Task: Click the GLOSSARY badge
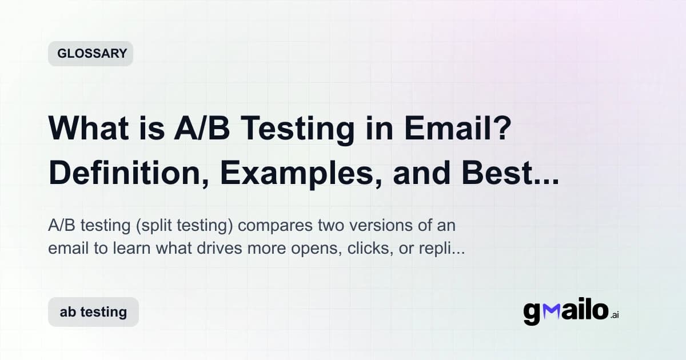pos(90,54)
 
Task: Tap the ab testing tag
pos(93,312)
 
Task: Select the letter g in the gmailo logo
pos(532,314)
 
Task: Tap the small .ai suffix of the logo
pos(615,315)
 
